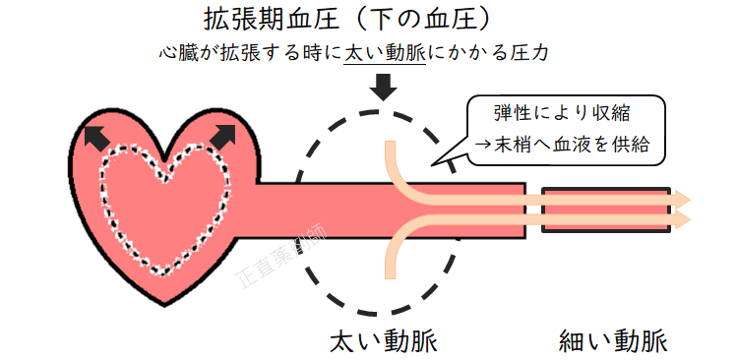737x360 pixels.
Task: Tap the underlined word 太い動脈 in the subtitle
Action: click(x=384, y=53)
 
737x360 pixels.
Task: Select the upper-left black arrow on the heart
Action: click(x=95, y=137)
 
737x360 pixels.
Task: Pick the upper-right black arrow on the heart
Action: click(x=223, y=138)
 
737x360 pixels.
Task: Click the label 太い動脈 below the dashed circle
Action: click(x=383, y=341)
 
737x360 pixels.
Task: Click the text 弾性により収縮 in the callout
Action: click(x=562, y=115)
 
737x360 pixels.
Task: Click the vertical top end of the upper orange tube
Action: click(x=391, y=148)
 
